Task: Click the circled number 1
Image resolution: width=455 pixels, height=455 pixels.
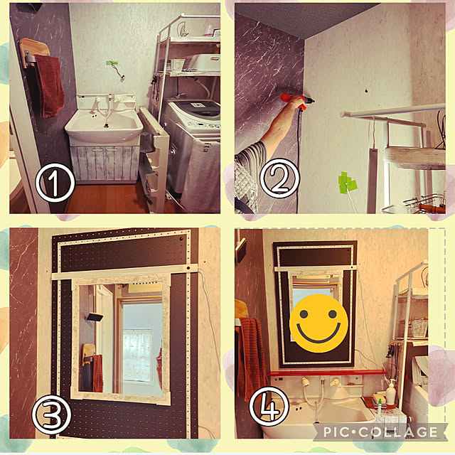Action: pyautogui.click(x=55, y=183)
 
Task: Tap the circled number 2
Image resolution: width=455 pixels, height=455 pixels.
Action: pyautogui.click(x=279, y=178)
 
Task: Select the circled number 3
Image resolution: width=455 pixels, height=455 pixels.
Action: pyautogui.click(x=51, y=414)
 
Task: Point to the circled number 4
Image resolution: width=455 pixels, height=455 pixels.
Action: pyautogui.click(x=269, y=406)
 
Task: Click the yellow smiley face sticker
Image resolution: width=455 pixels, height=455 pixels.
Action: pyautogui.click(x=318, y=323)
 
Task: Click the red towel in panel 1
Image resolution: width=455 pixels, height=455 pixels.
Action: pyautogui.click(x=49, y=86)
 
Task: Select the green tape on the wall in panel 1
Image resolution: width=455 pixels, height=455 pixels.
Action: pyautogui.click(x=112, y=63)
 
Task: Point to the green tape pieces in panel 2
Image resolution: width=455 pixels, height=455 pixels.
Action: pyautogui.click(x=347, y=183)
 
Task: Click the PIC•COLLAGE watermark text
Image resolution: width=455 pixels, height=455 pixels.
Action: pyautogui.click(x=380, y=432)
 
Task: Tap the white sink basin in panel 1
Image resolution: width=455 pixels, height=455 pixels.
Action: pyautogui.click(x=104, y=127)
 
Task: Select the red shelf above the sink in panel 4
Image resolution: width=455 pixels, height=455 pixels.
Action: pyautogui.click(x=327, y=373)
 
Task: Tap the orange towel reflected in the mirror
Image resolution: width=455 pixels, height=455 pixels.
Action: pyautogui.click(x=98, y=373)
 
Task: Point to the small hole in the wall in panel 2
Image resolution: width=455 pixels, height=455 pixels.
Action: pyautogui.click(x=367, y=91)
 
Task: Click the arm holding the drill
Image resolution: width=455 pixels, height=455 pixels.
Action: pyautogui.click(x=274, y=128)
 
